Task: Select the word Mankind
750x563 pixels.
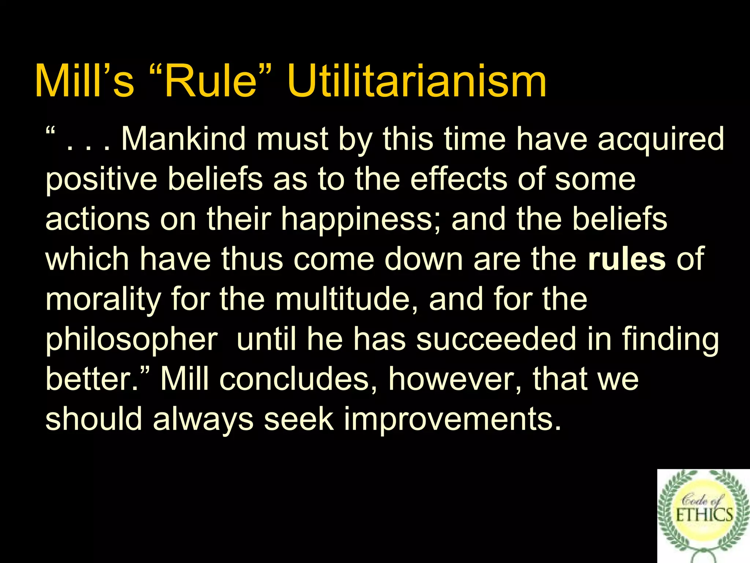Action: pos(183,139)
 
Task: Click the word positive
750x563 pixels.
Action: pos(101,180)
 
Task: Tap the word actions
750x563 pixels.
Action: pos(97,219)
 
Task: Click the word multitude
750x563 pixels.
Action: pos(342,299)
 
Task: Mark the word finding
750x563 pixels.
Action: pos(670,340)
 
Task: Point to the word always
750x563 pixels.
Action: pos(203,420)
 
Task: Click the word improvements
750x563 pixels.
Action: pos(452,420)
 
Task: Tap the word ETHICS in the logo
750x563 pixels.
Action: pos(704,515)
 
